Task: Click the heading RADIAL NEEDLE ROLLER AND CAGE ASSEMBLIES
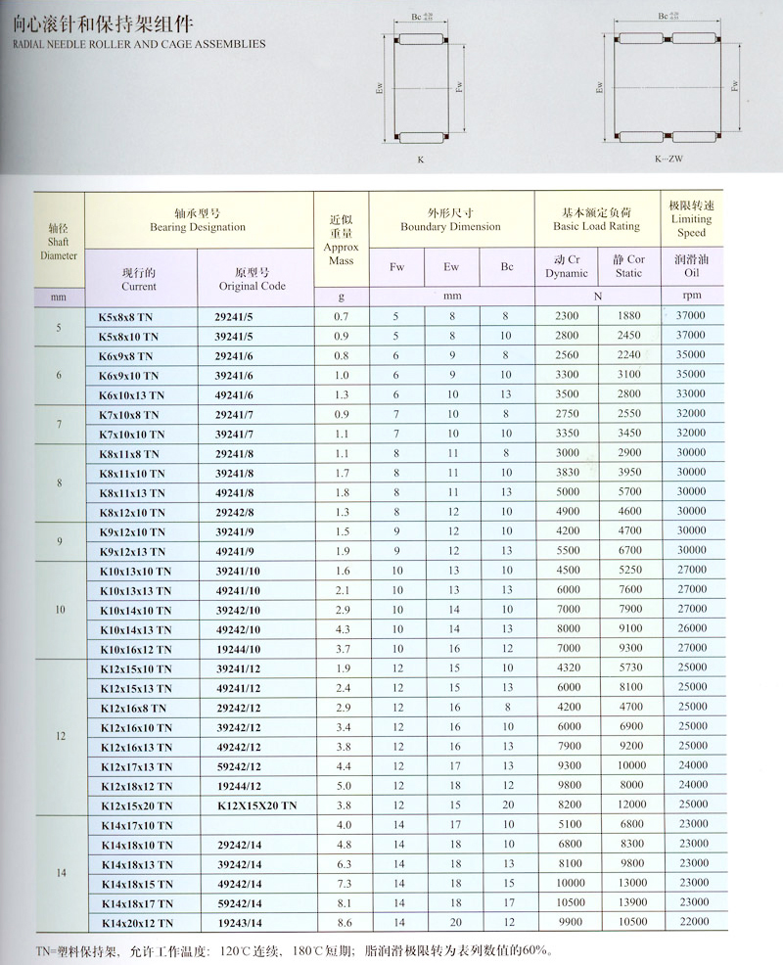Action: tap(133, 44)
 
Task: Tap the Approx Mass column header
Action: tap(341, 240)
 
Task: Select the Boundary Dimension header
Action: tap(450, 219)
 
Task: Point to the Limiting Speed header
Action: tap(691, 219)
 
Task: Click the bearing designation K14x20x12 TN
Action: tap(137, 923)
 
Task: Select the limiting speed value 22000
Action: tap(691, 923)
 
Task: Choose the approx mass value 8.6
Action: tap(343, 923)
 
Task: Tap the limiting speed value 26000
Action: tap(691, 629)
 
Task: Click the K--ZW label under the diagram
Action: tap(670, 158)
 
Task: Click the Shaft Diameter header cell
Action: tap(59, 240)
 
